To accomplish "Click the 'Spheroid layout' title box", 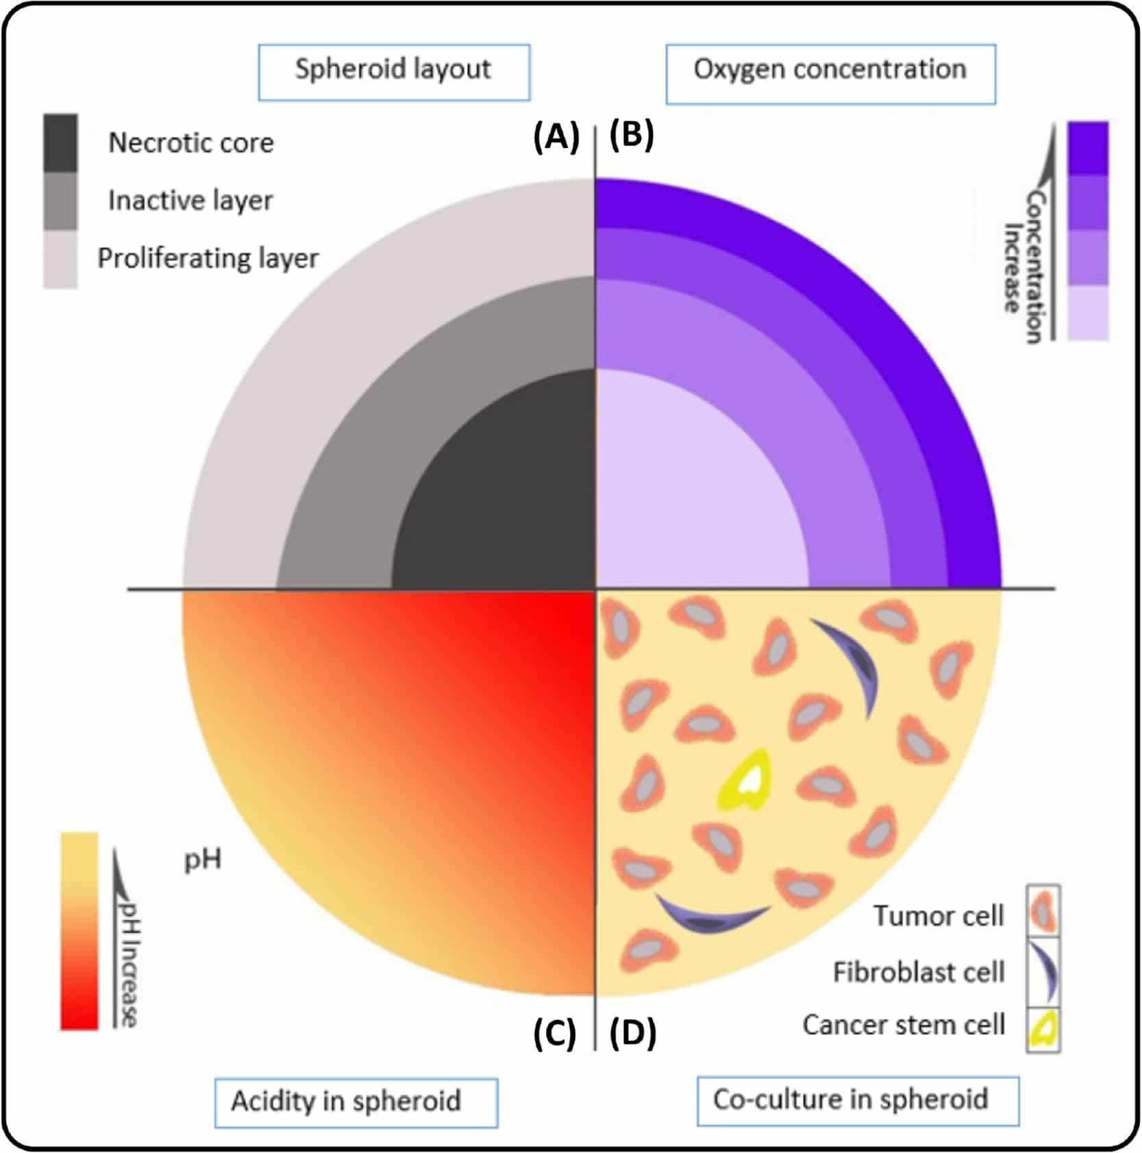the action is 394,72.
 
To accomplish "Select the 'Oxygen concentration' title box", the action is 830,73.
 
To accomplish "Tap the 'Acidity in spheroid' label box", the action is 356,1102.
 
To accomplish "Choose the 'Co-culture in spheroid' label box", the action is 858,1101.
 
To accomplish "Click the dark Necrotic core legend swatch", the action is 60,142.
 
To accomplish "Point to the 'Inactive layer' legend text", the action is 190,200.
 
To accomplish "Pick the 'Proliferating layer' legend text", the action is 208,258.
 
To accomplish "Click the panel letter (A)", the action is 556,137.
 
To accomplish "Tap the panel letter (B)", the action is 632,135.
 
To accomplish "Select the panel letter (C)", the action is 555,1034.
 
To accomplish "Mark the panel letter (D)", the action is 632,1034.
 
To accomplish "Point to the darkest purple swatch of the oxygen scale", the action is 1088,148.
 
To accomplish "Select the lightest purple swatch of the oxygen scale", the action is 1088,312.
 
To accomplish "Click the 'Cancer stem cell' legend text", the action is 904,1025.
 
